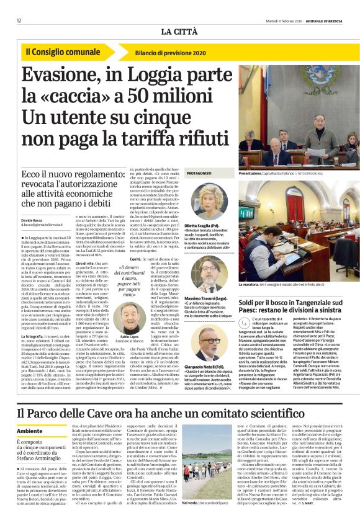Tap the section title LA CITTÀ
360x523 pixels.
pos(179,32)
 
